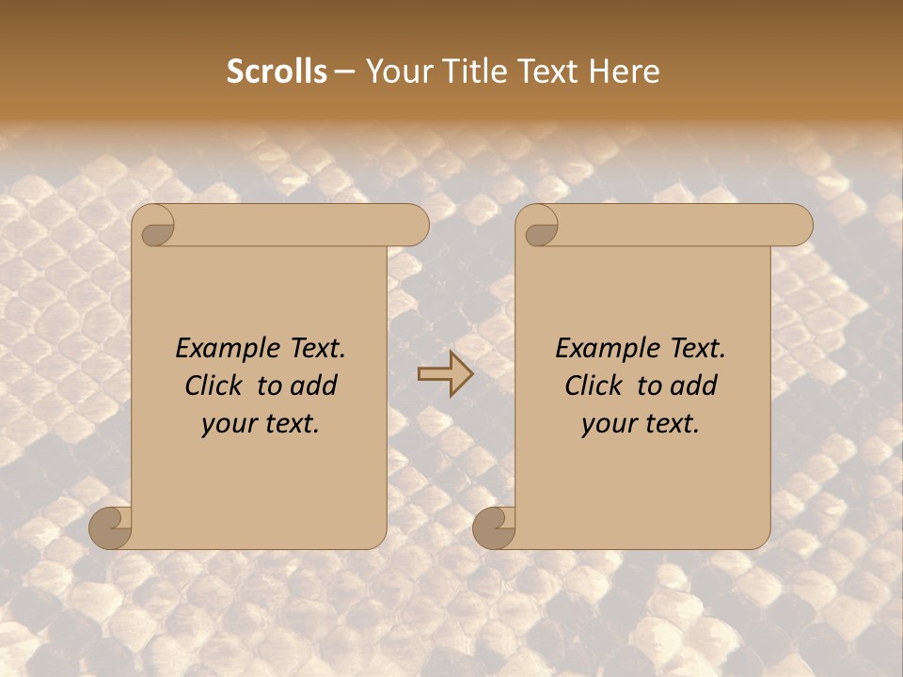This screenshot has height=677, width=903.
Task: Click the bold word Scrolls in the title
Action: click(277, 71)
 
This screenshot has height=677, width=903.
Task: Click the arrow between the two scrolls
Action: click(446, 374)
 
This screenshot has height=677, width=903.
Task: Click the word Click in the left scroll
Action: click(214, 386)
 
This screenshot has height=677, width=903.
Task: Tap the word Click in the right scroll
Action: click(594, 386)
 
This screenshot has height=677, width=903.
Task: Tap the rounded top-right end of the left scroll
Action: click(414, 226)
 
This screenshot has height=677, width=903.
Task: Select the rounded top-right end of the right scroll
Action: click(798, 226)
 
